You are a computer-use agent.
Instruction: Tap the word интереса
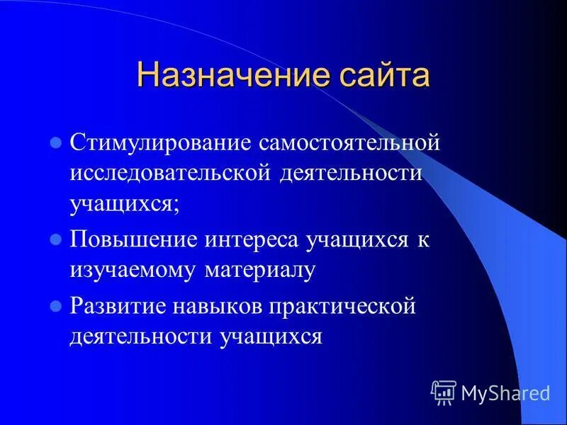coord(252,239)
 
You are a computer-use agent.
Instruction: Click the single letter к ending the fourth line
coord(423,239)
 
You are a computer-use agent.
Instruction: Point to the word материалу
coord(259,270)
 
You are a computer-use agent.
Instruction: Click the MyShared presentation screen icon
coord(444,392)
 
